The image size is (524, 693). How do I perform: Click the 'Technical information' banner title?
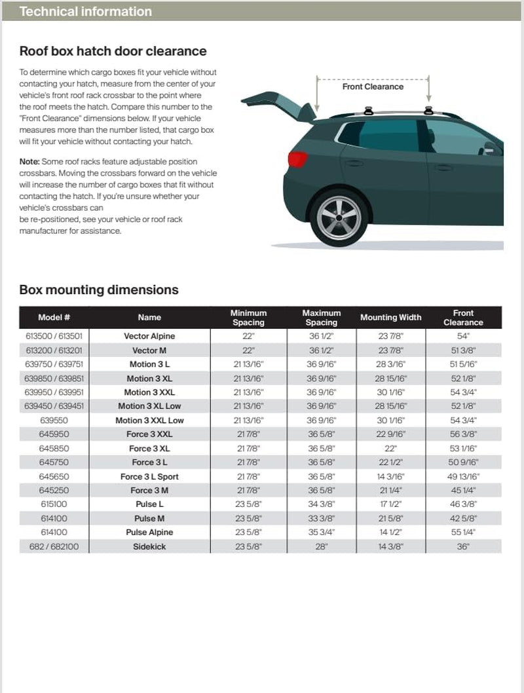[x=86, y=12]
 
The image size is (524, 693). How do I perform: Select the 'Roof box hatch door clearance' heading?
[x=113, y=51]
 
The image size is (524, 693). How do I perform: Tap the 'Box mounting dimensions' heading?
[x=99, y=290]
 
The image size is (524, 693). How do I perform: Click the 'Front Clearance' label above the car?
[x=373, y=86]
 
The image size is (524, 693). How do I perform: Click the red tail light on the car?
[x=298, y=159]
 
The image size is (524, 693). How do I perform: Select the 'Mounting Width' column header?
[x=390, y=318]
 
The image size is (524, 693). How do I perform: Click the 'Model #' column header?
[x=54, y=318]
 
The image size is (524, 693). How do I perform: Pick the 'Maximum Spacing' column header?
[x=321, y=318]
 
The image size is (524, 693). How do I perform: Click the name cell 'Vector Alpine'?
[x=149, y=336]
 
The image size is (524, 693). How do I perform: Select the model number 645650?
[x=54, y=476]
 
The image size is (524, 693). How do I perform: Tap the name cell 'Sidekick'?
[x=149, y=546]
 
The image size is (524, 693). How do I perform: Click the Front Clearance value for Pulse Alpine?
[x=463, y=533]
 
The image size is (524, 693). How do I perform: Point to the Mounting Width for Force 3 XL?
[x=390, y=448]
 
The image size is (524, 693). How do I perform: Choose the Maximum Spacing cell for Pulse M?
[x=321, y=518]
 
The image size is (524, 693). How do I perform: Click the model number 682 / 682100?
[x=54, y=546]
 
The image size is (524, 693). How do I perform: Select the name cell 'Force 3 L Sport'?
[x=149, y=476]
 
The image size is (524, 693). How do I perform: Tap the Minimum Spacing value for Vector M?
[x=248, y=350]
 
